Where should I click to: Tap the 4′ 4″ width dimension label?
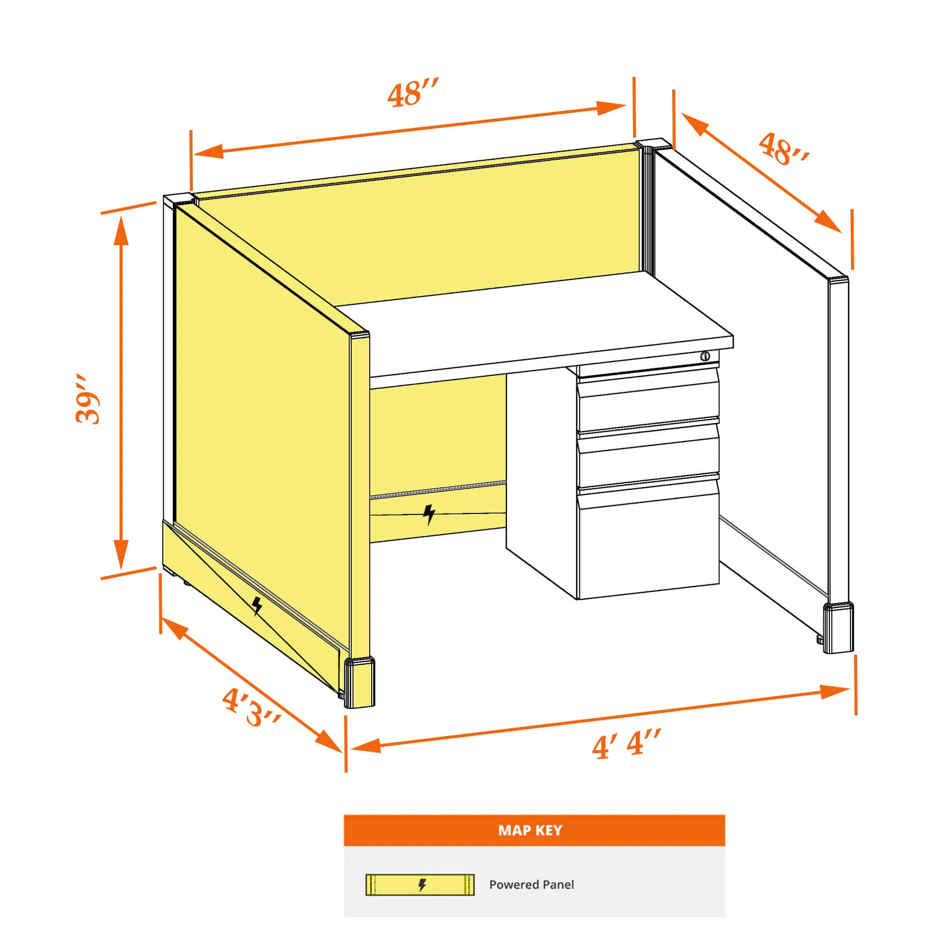click(626, 744)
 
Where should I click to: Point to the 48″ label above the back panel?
click(413, 92)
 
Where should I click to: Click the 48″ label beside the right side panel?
click(783, 149)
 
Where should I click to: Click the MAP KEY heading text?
click(530, 830)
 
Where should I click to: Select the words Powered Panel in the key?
click(532, 884)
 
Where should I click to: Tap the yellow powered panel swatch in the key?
click(420, 885)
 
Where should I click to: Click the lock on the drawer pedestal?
click(705, 356)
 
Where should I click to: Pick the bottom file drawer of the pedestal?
click(648, 540)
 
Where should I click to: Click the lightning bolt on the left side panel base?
click(257, 606)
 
